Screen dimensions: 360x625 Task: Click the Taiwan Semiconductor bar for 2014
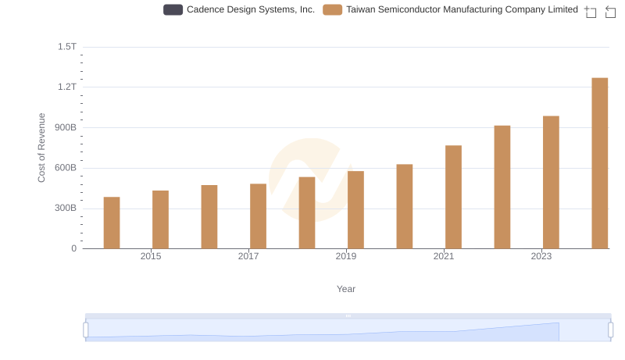click(x=112, y=223)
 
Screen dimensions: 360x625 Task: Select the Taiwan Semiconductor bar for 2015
click(x=160, y=219)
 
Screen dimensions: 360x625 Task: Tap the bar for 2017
click(x=258, y=216)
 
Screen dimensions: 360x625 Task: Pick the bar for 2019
click(x=355, y=210)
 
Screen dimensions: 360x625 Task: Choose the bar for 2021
click(x=453, y=197)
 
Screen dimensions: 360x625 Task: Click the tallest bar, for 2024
click(x=599, y=163)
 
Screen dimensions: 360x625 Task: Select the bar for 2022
click(x=502, y=187)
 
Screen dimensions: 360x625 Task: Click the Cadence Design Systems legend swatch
click(x=173, y=10)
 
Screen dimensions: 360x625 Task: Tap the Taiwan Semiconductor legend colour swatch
click(x=332, y=10)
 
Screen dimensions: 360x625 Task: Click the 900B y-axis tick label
click(x=64, y=127)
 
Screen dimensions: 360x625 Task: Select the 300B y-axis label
click(x=64, y=209)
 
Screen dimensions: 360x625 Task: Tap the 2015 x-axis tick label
click(x=151, y=256)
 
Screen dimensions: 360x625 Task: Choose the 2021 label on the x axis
click(x=444, y=256)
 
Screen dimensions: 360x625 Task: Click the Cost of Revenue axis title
click(x=42, y=148)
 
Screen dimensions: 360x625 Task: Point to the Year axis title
click(x=346, y=289)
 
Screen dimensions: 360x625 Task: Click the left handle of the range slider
click(x=86, y=330)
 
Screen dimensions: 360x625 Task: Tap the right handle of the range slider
click(x=610, y=330)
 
